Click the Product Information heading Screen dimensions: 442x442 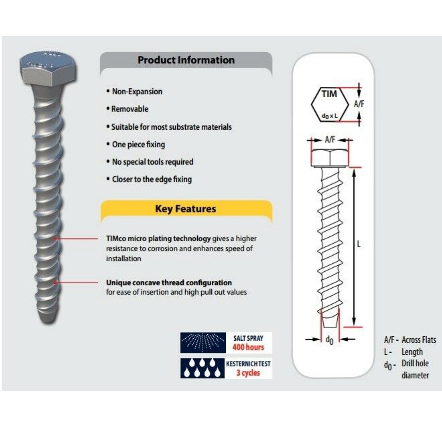(186, 60)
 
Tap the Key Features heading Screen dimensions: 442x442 (186, 209)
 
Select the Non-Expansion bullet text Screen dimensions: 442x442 (137, 92)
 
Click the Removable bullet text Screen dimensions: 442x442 (130, 109)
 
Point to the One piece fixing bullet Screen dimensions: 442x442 (138, 144)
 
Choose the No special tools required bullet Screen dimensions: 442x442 (153, 162)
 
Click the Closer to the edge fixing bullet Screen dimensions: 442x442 (152, 179)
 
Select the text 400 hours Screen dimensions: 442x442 (248, 347)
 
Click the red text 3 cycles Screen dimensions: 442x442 (248, 373)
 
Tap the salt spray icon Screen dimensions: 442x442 (203, 343)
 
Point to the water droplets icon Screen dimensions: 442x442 (203, 368)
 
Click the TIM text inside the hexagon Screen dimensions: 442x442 (329, 94)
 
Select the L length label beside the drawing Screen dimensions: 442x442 (359, 244)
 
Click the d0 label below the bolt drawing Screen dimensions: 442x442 (329, 340)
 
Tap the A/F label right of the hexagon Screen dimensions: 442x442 (359, 104)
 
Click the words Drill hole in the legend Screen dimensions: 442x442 (415, 363)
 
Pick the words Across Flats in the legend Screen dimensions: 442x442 (419, 340)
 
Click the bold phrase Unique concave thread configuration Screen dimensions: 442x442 (169, 282)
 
